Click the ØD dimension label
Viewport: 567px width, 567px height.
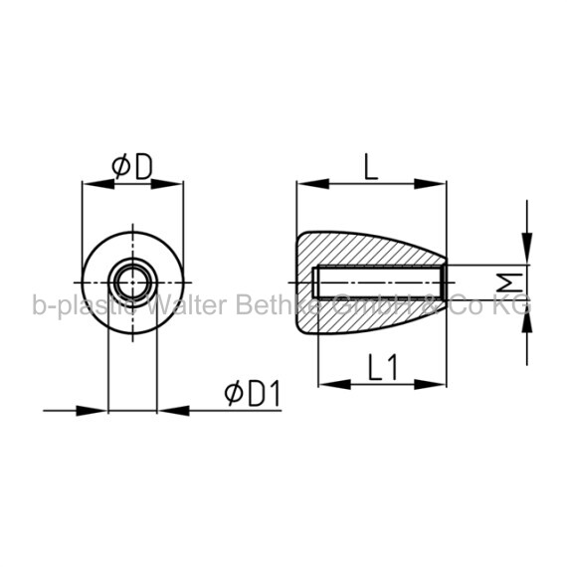click(132, 167)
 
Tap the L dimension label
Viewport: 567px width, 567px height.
click(371, 167)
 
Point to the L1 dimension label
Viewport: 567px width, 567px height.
click(383, 367)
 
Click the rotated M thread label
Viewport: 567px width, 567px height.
click(509, 283)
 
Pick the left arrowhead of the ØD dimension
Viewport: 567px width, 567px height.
click(98, 184)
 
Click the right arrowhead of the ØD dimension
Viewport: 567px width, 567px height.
click(167, 184)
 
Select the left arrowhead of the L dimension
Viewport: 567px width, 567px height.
click(312, 184)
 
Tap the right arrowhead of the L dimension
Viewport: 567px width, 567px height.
click(430, 184)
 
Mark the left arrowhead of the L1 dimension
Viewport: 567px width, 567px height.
click(334, 384)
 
